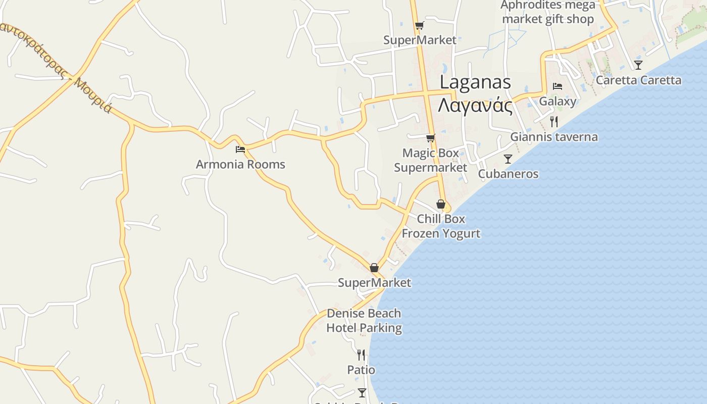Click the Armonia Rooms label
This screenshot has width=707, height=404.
(x=240, y=164)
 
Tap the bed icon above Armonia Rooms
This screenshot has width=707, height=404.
(x=240, y=149)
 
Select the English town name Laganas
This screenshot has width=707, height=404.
(x=475, y=82)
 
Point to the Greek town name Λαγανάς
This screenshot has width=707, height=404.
(x=475, y=106)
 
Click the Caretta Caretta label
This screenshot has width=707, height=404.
(x=638, y=80)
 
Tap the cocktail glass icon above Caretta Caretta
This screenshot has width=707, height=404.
(x=638, y=65)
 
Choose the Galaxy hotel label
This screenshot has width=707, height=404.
(x=558, y=101)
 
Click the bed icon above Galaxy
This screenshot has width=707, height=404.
(x=558, y=86)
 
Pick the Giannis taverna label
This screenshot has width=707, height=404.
(x=554, y=137)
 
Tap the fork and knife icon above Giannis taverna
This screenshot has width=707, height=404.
(x=554, y=121)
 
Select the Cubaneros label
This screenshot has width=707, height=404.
(x=508, y=174)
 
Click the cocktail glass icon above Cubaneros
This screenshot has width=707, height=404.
(x=508, y=159)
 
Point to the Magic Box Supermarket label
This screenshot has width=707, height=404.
(x=431, y=160)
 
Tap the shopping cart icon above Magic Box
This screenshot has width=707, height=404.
(x=431, y=138)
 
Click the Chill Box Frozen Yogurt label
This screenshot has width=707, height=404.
(x=441, y=226)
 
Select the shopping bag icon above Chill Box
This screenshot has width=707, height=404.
(x=441, y=204)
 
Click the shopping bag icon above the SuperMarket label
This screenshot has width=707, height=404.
(x=374, y=268)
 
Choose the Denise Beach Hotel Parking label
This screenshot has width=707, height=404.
(x=364, y=321)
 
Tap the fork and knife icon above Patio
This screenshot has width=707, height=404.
(x=361, y=355)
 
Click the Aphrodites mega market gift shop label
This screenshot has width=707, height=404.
(x=548, y=13)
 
